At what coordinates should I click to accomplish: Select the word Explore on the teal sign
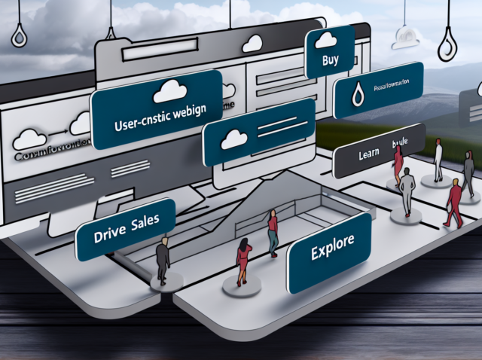tap(331, 252)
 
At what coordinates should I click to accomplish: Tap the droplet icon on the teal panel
tap(360, 93)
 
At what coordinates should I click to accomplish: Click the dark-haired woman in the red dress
tap(243, 260)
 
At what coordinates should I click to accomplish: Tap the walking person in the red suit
tap(455, 203)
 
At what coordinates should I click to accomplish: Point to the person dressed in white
tap(438, 159)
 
